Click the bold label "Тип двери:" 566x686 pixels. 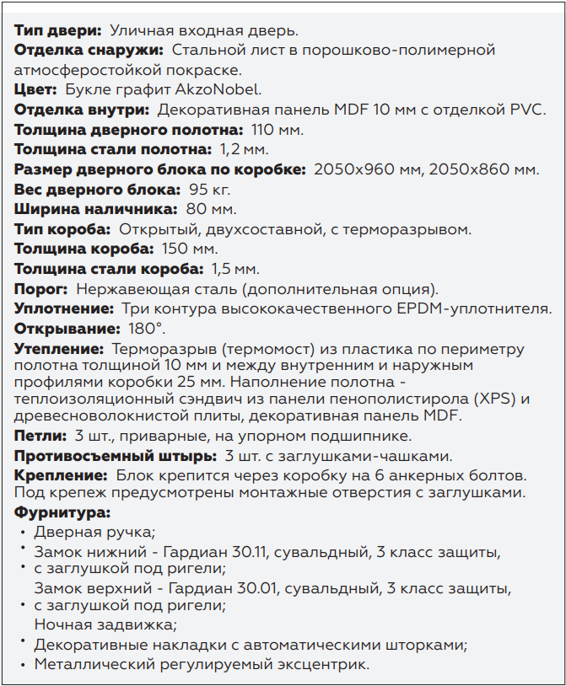click(57, 31)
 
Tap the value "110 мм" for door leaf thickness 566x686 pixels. click(278, 130)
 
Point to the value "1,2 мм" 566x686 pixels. click(243, 149)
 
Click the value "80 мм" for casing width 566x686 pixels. click(211, 209)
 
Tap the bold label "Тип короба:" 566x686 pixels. click(62, 229)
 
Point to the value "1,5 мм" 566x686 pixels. click(234, 269)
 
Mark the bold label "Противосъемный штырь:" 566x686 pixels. click(115, 456)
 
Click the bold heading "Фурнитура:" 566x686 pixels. click(62, 512)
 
